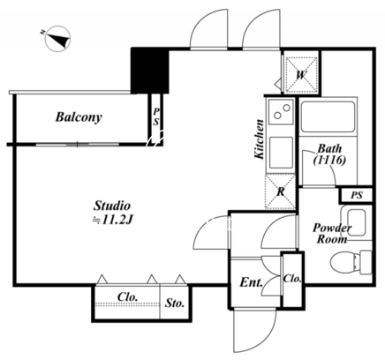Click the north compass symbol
pos(57,39)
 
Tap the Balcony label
pos(79,117)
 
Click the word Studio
pos(112,206)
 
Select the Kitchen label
pos(260,139)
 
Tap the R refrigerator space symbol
pos(281,191)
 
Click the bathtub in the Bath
pos(328,116)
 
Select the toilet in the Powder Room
pos(351,261)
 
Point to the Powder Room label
pos(332,233)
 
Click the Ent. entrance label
pos(251,282)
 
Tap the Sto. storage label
pos(175,303)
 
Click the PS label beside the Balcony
pos(155,116)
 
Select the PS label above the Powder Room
pos(357,195)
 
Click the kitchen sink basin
pos(282,152)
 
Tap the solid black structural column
pos(150,71)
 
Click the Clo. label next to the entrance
pos(292,279)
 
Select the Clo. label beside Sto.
pos(127,296)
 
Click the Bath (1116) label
pos(329,154)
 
